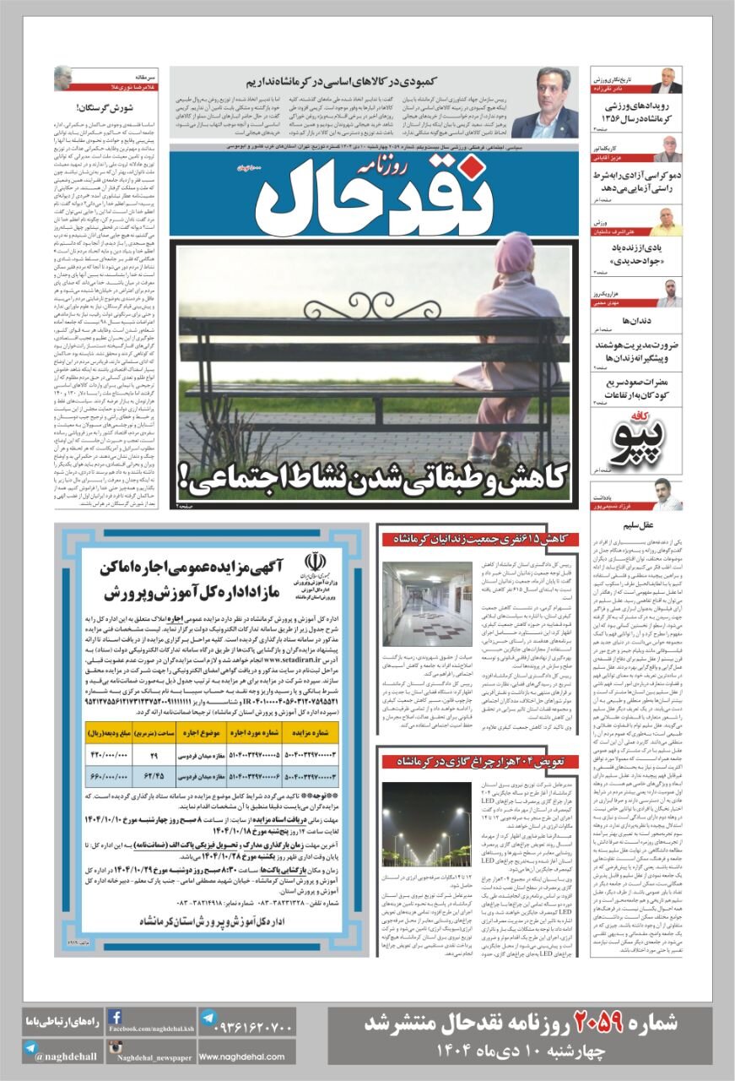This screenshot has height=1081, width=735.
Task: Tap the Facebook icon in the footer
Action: click(x=116, y=1018)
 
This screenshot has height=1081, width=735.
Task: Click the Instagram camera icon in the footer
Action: click(x=116, y=1049)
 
